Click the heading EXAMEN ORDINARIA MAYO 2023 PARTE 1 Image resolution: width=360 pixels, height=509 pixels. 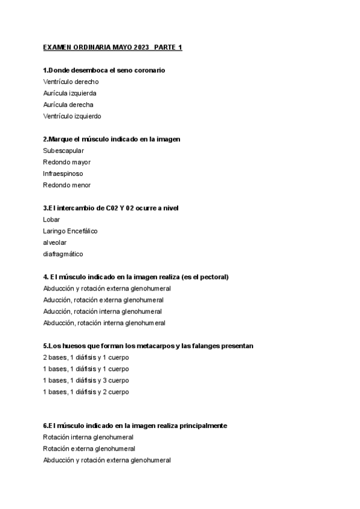113,47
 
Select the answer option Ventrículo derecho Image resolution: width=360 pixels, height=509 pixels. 71,82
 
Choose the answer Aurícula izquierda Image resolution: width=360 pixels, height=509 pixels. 70,93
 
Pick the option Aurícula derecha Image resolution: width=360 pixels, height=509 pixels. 68,104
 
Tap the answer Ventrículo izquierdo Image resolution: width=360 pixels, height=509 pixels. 72,116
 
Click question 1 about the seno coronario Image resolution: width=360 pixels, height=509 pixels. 104,70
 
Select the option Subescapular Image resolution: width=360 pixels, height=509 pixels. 64,151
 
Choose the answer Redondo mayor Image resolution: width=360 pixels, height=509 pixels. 67,162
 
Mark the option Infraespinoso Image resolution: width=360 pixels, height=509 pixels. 63,173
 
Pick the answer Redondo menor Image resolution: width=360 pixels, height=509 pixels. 67,185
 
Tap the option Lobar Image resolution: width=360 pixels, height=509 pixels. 52,220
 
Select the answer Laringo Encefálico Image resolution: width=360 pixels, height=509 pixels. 70,231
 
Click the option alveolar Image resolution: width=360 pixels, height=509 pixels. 55,242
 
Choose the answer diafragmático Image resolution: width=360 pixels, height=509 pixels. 63,254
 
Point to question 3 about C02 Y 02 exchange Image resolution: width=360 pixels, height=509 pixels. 111,208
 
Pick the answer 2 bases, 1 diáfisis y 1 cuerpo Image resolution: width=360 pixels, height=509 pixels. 86,358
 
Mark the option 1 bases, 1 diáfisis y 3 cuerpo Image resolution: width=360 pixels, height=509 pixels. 86,381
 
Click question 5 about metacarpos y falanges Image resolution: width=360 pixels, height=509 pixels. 148,346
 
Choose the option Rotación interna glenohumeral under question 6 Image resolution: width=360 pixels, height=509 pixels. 88,438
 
